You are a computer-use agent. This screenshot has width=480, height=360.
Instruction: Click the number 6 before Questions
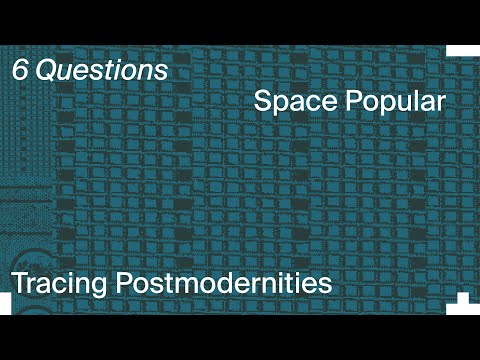click(x=20, y=71)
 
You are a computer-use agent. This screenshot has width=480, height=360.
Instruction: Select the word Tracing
click(x=62, y=284)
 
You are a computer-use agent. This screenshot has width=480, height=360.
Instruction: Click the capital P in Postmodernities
click(x=126, y=283)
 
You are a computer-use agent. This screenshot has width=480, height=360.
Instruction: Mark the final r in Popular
click(x=439, y=104)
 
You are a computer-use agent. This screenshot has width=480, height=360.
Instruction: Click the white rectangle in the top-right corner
click(x=463, y=51)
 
